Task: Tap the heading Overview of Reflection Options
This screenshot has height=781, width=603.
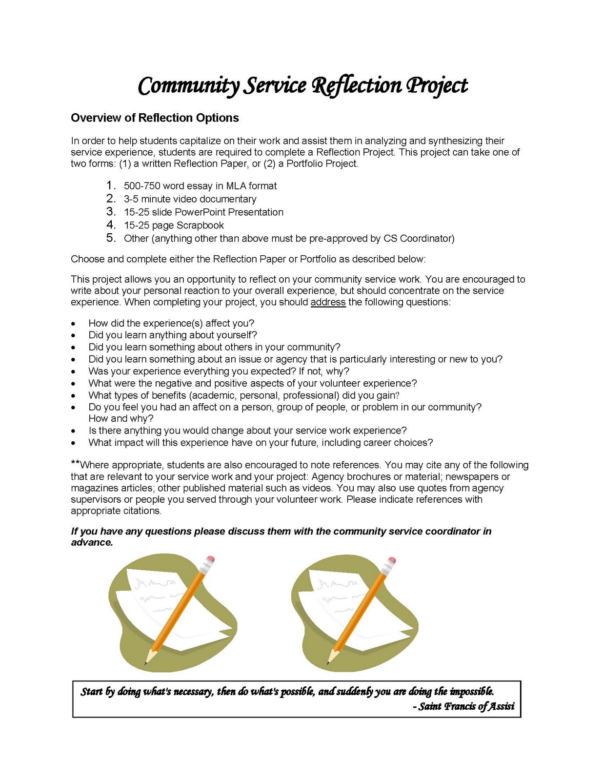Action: point(155,118)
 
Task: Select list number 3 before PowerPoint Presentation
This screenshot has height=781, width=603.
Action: point(111,212)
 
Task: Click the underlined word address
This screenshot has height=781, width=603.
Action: point(328,302)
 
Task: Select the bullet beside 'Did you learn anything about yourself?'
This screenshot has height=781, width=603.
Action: point(73,335)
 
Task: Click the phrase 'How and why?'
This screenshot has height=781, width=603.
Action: point(121,418)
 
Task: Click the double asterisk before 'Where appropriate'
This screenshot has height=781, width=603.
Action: point(75,463)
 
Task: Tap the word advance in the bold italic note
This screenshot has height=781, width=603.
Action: point(92,542)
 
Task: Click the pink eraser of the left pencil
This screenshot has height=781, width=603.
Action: point(210,559)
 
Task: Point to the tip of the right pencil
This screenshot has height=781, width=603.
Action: point(328,663)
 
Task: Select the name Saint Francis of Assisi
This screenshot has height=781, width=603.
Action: point(466,706)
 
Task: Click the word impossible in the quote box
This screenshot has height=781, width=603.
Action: point(471,691)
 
